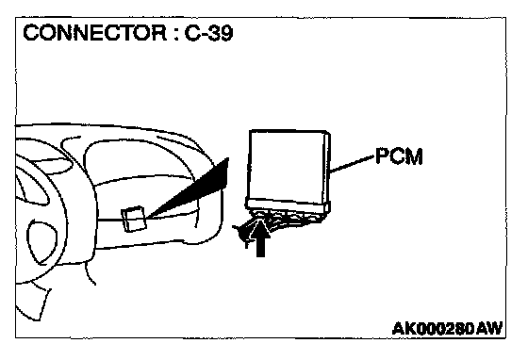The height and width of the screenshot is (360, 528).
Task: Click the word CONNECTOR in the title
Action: coord(94,33)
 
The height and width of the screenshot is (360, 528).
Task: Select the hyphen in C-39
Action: coord(202,35)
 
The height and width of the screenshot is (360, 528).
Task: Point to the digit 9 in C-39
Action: coord(226,33)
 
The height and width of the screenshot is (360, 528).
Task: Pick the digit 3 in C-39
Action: coord(212,33)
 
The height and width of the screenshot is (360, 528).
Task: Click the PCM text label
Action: coord(399,156)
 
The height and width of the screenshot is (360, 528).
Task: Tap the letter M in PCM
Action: coord(414,156)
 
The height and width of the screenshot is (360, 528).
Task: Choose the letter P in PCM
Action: coord(382,156)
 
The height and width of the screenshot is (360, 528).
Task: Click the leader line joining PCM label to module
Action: coord(352,164)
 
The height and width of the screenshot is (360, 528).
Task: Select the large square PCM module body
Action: coord(287,167)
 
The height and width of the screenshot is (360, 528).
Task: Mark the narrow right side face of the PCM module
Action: coord(327,172)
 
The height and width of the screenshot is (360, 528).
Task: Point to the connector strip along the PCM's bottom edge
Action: coord(287,205)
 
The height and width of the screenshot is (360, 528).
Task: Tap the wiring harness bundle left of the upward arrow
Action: coord(244,232)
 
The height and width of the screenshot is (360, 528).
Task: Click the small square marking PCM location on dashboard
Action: coord(134,219)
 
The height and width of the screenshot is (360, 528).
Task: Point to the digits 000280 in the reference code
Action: coord(446,328)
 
